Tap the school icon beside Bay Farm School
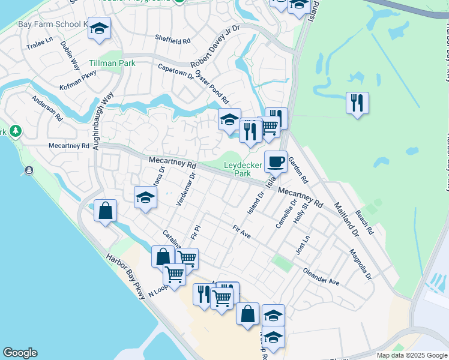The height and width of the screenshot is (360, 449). (99, 28)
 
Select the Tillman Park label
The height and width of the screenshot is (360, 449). (112, 63)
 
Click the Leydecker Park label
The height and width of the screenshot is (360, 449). (243, 169)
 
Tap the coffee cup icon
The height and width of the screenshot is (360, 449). (276, 161)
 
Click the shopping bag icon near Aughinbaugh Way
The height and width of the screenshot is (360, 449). (105, 211)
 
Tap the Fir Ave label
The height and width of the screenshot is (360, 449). (241, 233)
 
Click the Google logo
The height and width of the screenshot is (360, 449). (20, 353)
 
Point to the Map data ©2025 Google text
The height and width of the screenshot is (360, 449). (411, 355)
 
